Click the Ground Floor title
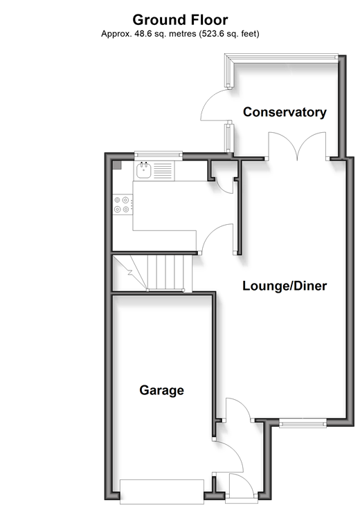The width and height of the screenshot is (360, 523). [180, 20]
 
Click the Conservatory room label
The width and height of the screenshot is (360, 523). [285, 112]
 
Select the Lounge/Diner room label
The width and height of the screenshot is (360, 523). [285, 286]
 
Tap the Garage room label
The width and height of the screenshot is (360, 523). [161, 390]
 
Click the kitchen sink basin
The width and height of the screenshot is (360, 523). [144, 170]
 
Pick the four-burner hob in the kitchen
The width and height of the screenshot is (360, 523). [122, 205]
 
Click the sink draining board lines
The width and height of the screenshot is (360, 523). [163, 170]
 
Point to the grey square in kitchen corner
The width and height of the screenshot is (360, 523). [117, 165]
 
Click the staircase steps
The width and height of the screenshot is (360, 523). [152, 273]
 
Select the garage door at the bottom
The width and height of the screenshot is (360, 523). [162, 492]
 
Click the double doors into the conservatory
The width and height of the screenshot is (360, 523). [297, 146]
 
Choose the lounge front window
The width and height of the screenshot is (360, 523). [303, 424]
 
